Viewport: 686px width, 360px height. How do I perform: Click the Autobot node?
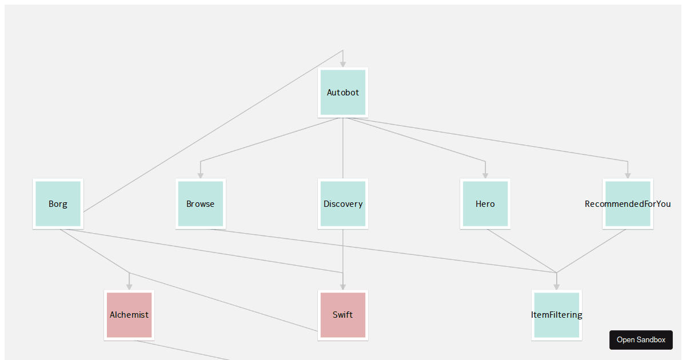(342, 93)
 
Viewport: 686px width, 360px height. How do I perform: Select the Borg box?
(58, 204)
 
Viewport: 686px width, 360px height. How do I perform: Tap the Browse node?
(201, 204)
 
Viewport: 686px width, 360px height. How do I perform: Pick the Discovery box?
(342, 204)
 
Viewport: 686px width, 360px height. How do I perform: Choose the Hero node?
(485, 204)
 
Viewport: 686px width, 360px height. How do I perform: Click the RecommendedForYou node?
(628, 204)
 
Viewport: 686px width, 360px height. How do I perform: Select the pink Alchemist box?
(129, 315)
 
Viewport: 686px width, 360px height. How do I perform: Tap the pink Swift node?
(342, 315)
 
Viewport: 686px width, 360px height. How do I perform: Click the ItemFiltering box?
(556, 315)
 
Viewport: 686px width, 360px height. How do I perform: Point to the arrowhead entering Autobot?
(342, 64)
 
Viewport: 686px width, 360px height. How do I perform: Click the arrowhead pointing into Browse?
(201, 175)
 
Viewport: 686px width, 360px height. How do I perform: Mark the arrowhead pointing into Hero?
(485, 175)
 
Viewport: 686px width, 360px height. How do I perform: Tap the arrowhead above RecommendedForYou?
(628, 175)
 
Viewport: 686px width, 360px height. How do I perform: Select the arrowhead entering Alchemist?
(129, 287)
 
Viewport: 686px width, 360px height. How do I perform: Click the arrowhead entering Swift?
(342, 287)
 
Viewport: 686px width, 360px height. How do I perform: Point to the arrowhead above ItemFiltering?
(556, 287)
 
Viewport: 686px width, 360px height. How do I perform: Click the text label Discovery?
(343, 204)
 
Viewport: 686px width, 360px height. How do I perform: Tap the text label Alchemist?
(129, 315)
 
